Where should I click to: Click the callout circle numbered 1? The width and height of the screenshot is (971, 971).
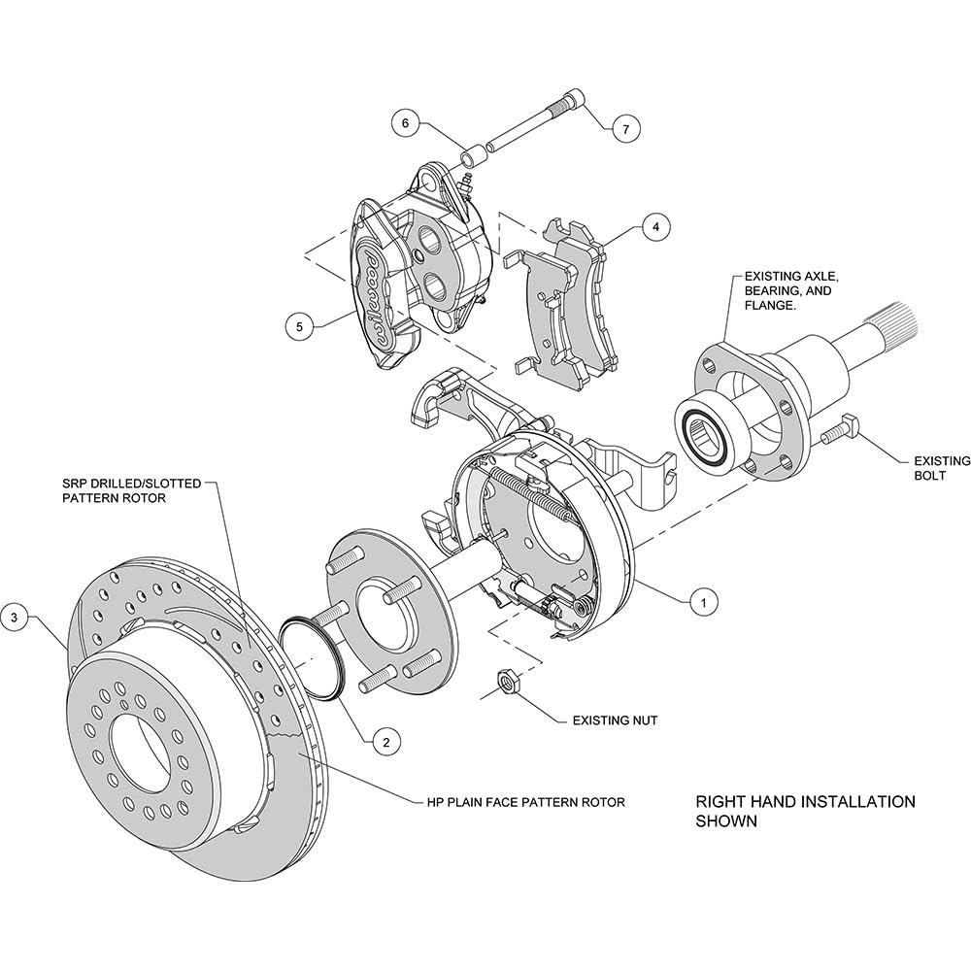703,601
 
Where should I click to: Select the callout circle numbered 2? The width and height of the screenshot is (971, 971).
385,742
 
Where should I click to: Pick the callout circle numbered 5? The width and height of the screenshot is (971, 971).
300,326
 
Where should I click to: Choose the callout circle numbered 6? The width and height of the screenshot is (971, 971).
406,123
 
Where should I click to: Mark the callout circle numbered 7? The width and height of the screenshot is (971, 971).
625,129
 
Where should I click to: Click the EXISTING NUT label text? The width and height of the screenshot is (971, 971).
615,720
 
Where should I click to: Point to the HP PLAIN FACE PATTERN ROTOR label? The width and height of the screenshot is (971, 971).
525,803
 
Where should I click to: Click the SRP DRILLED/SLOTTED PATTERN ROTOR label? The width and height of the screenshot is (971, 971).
132,489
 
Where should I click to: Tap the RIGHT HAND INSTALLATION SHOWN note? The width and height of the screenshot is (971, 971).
805,811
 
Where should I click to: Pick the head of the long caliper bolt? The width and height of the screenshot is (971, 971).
574,100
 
